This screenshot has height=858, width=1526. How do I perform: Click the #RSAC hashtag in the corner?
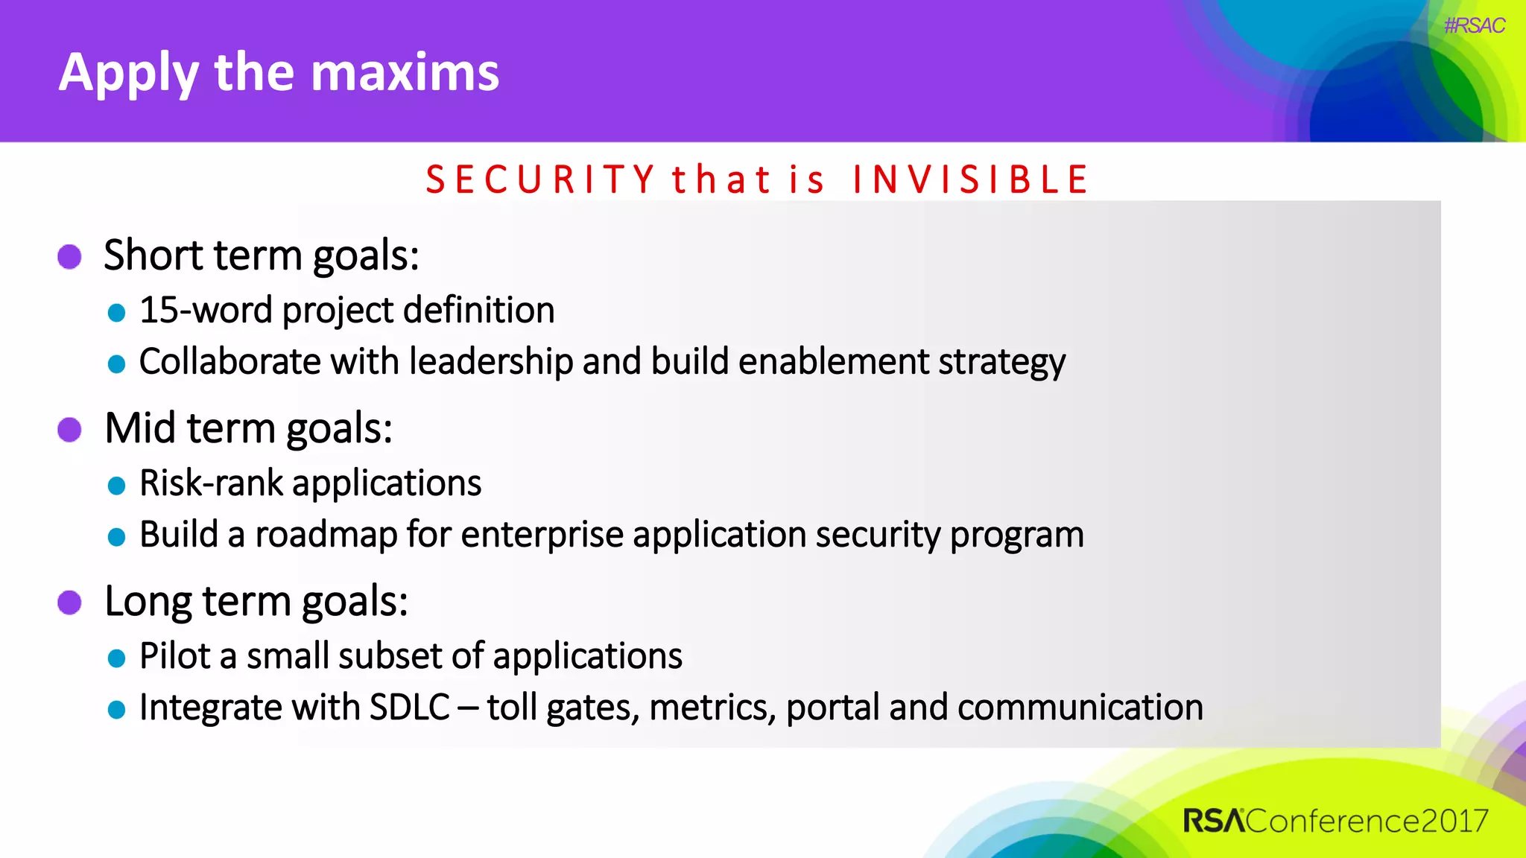1474,26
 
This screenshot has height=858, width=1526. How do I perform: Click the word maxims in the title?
405,73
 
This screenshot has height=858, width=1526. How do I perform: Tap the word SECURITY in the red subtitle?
540,180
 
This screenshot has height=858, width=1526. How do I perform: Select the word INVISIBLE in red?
970,180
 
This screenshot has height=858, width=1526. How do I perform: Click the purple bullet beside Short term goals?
70,257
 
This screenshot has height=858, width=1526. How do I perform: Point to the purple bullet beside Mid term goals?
70,430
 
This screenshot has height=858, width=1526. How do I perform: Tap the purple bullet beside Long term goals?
70,603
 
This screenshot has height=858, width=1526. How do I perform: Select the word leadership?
491,362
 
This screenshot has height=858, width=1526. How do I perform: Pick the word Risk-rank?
211,483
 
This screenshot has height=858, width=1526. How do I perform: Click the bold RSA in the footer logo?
1214,821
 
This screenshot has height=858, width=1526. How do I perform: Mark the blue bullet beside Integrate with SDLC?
116,710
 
